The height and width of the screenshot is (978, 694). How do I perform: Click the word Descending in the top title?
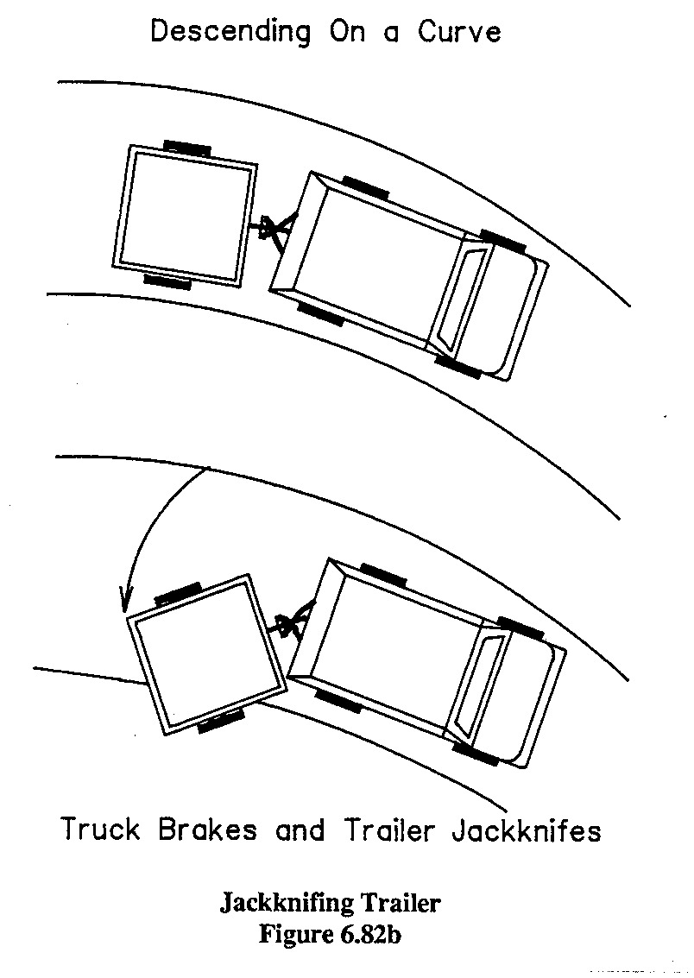point(230,33)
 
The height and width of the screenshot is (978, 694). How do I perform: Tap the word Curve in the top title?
point(460,33)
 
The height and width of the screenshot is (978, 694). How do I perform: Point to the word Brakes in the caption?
point(208,830)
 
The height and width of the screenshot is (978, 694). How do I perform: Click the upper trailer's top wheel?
point(186,146)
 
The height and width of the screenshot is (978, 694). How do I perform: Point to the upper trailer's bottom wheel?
point(167,281)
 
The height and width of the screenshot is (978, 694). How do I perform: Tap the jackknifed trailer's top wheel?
point(178,593)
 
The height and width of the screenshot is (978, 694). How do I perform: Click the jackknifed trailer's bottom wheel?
point(221,722)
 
